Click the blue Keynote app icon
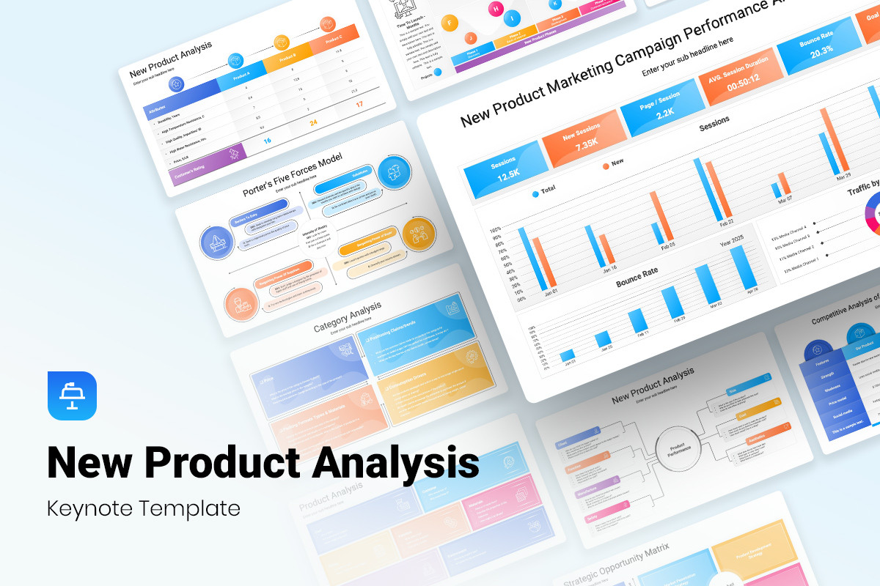pos(72,396)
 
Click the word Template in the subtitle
pos(197,508)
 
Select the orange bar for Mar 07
pos(785,184)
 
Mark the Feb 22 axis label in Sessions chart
pos(727,221)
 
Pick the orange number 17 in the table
pos(359,104)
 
